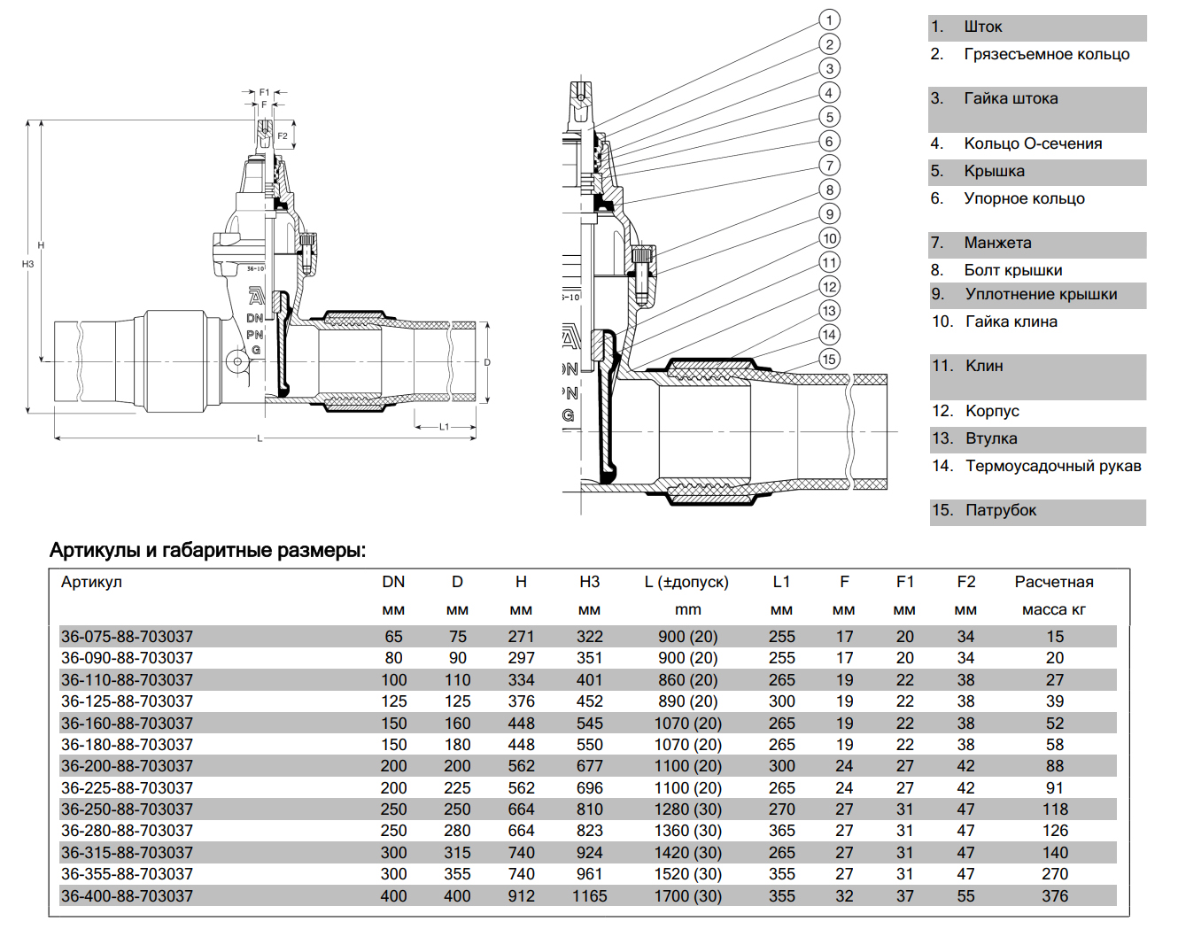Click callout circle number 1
[829, 19]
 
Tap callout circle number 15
[829, 359]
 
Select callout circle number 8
[829, 190]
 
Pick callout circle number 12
[829, 286]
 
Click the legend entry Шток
[982, 27]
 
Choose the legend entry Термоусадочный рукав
[1053, 466]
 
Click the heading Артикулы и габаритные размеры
[207, 550]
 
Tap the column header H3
[589, 582]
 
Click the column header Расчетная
[1054, 582]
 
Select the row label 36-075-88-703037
[127, 637]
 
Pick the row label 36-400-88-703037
[127, 896]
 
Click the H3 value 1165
[589, 896]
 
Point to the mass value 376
[1055, 896]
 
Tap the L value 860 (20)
[688, 680]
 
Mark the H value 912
[521, 896]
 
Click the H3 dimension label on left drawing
[27, 264]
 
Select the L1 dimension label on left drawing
[445, 427]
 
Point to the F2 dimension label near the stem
[283, 136]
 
